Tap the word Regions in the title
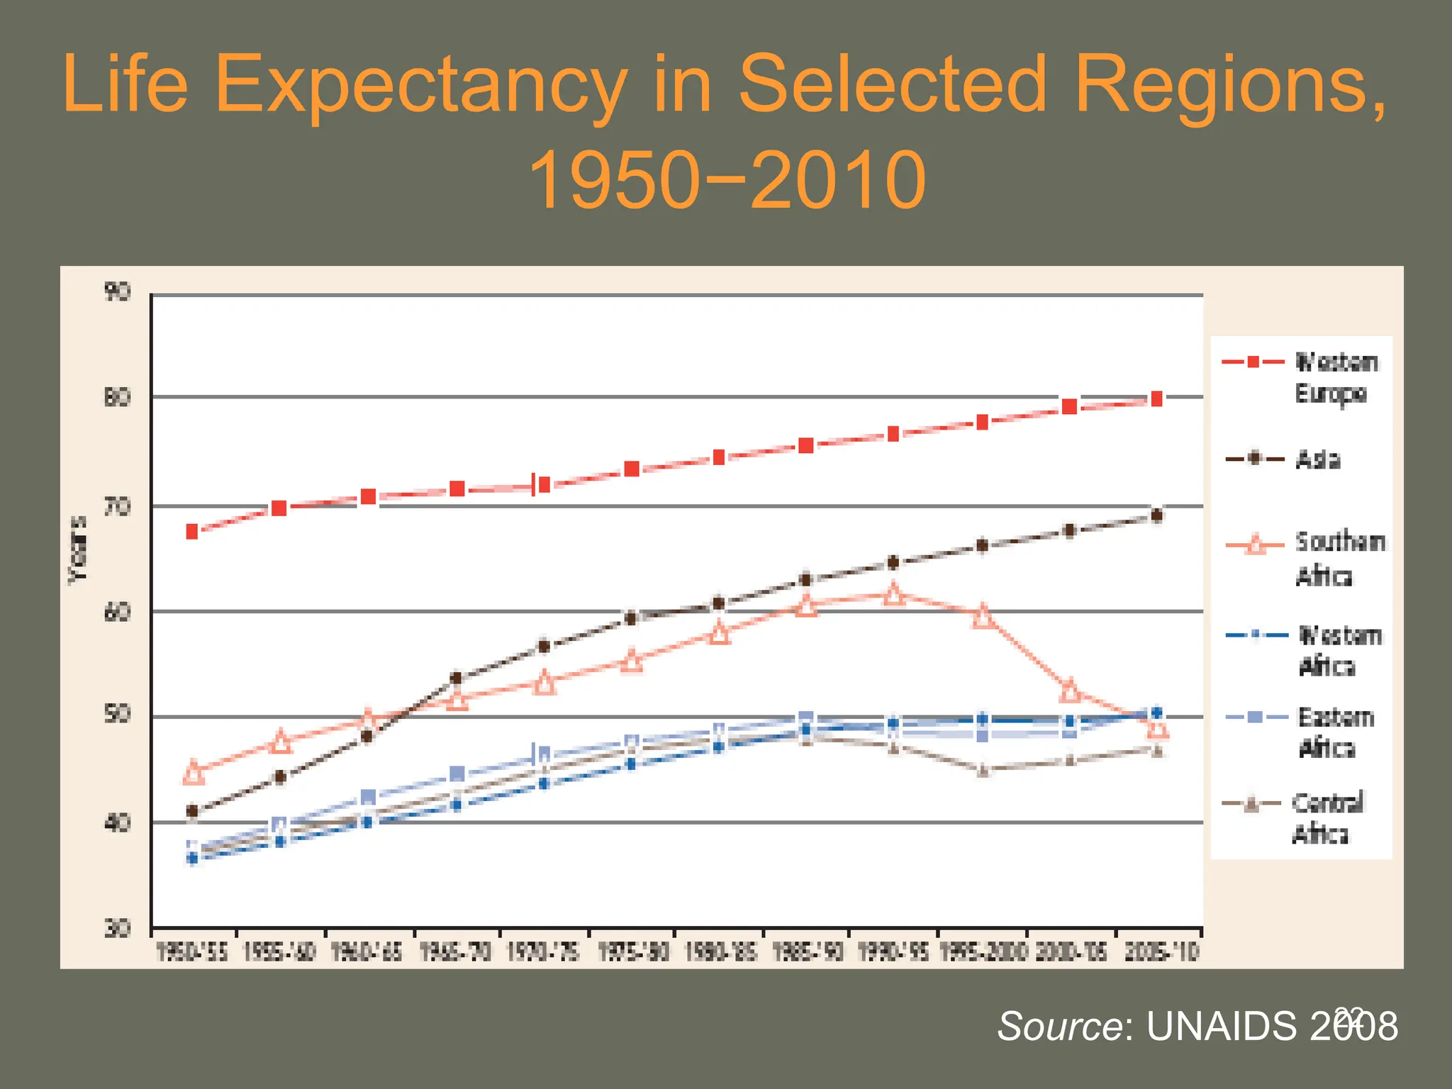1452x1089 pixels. [x=1230, y=85]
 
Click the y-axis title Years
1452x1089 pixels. [x=78, y=550]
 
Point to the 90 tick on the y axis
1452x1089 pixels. [x=117, y=291]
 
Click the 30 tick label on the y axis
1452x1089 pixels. [x=117, y=928]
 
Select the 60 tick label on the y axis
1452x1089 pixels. [x=117, y=612]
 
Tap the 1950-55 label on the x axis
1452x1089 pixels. [x=192, y=952]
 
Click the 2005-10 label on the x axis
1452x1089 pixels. [x=1161, y=952]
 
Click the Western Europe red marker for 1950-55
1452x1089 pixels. [x=192, y=532]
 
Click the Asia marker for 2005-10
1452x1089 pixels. [x=1157, y=515]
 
